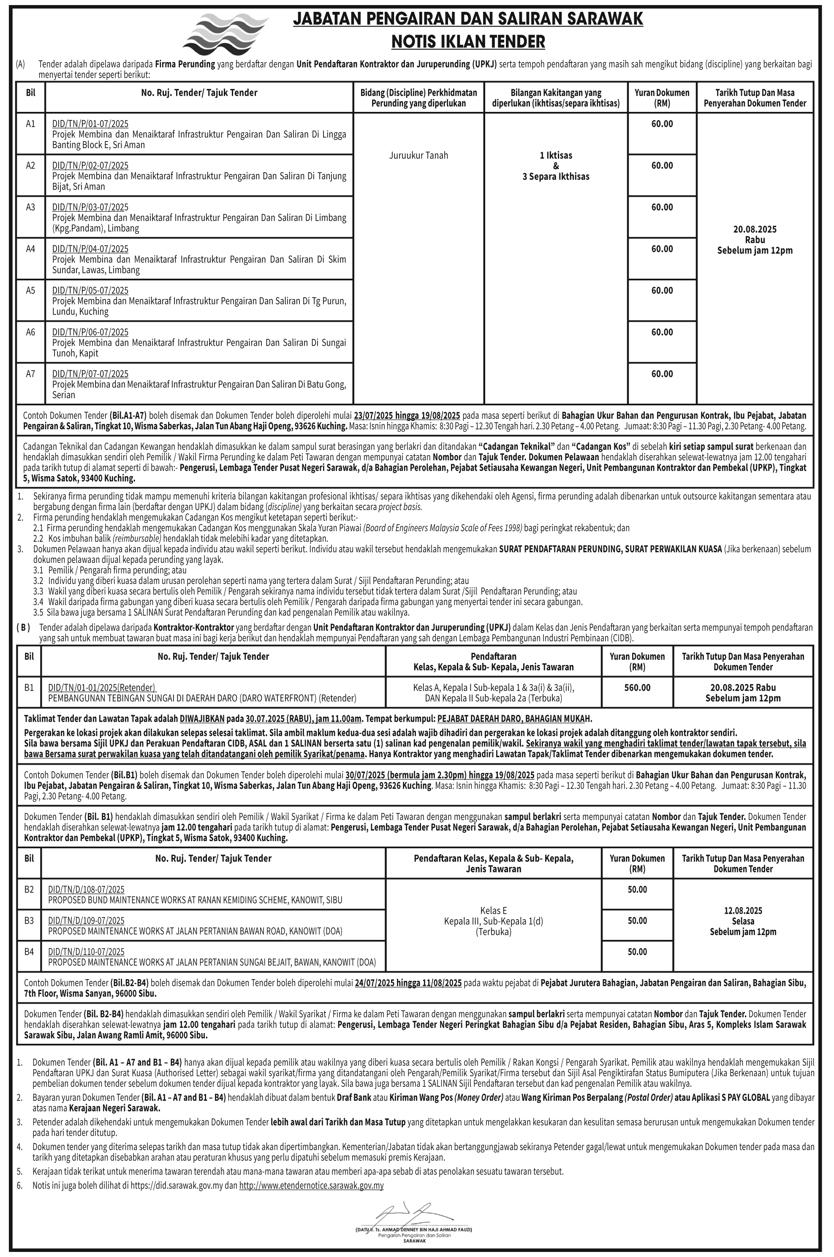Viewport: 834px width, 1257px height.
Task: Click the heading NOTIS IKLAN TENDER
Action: (x=468, y=41)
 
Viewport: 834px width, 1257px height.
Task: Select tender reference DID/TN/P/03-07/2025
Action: (x=90, y=207)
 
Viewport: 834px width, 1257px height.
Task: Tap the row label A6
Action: (x=30, y=332)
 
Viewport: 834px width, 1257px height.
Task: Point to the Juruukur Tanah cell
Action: (x=418, y=155)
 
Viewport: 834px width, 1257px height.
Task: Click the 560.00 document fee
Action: (x=637, y=687)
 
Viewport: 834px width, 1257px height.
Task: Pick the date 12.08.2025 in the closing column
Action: (x=743, y=910)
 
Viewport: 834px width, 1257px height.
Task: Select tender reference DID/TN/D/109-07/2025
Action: (x=86, y=920)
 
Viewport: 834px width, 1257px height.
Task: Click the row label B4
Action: (x=29, y=951)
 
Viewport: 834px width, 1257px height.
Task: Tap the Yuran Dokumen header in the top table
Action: (x=662, y=97)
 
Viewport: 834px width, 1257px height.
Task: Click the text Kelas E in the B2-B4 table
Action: (x=494, y=910)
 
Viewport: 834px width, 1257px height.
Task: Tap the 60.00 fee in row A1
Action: (x=662, y=124)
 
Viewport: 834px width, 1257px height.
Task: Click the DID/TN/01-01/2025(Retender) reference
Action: (x=102, y=687)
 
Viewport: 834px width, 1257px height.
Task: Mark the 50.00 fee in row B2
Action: (x=637, y=890)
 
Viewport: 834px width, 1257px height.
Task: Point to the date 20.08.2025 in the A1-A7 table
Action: (x=755, y=229)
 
